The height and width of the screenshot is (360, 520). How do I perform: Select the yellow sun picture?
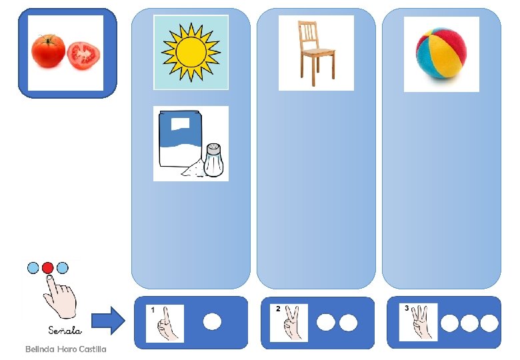[191, 51]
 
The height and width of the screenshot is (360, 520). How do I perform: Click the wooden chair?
[315, 53]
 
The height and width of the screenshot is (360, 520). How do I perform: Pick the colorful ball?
[441, 52]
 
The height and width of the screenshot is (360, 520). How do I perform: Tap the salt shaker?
[213, 159]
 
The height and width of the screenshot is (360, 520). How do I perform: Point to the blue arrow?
[107, 321]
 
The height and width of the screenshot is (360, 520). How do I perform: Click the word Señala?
[65, 330]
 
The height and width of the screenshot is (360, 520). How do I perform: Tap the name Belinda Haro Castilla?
[65, 349]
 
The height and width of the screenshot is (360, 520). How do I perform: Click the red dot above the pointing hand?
[47, 268]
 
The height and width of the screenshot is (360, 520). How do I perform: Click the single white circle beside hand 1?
[212, 322]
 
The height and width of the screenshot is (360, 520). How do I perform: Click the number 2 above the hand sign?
[278, 309]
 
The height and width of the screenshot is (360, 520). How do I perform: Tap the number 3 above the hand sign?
[407, 308]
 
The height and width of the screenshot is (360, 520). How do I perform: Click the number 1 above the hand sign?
[153, 310]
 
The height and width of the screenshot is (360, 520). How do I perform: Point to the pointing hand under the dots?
[60, 297]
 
